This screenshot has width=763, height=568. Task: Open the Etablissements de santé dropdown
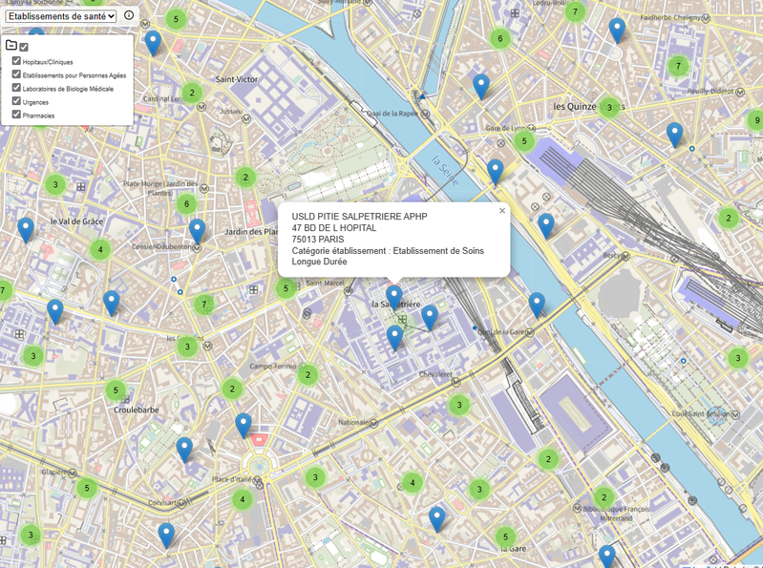pyautogui.click(x=60, y=16)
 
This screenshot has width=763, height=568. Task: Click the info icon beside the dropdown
pyautogui.click(x=129, y=16)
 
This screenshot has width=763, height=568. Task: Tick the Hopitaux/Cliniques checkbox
pyautogui.click(x=16, y=61)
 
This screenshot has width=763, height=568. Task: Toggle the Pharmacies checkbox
pyautogui.click(x=16, y=115)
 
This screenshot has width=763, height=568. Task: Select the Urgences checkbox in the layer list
pyautogui.click(x=16, y=101)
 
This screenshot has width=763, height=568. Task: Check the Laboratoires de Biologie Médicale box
pyautogui.click(x=16, y=88)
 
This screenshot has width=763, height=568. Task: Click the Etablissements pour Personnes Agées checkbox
pyautogui.click(x=16, y=74)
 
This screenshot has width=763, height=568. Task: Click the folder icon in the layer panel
pyautogui.click(x=11, y=46)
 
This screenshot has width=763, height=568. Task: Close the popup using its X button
pyautogui.click(x=502, y=211)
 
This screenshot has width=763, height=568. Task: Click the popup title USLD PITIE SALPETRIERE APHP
pyautogui.click(x=359, y=217)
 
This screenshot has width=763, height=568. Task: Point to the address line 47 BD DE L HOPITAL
pyautogui.click(x=333, y=228)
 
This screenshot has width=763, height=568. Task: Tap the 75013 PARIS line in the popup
pyautogui.click(x=317, y=240)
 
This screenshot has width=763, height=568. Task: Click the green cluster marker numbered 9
pyautogui.click(x=754, y=120)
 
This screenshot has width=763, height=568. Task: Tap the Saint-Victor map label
pyautogui.click(x=236, y=79)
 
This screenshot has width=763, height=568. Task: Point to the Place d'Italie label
pyautogui.click(x=234, y=479)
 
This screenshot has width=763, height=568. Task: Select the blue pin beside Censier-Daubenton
pyautogui.click(x=197, y=230)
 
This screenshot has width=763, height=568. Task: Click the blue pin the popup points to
pyautogui.click(x=393, y=296)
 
